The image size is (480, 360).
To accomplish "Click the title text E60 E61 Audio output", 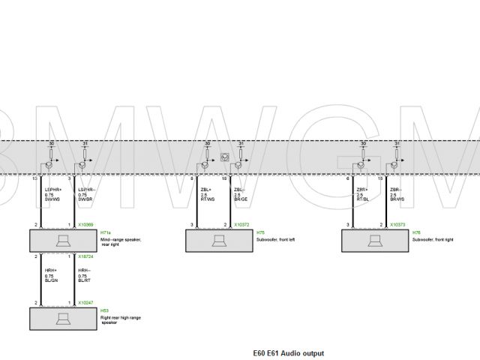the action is coord(289,352).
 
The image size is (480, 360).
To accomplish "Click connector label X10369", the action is coord(85,225).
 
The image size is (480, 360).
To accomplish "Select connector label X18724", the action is coord(85,256).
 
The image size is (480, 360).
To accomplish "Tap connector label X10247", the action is coord(85,302).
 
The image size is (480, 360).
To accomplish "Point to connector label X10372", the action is coord(241,225).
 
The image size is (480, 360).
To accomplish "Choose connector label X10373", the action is coord(397,225).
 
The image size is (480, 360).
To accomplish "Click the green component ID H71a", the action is coord(106,232).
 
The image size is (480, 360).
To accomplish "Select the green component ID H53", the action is coord(104,310).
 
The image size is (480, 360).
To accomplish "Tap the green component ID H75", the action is coord(260,232).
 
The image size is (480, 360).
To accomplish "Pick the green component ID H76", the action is coord(416,232).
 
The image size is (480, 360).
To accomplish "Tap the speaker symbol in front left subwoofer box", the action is coord(220,241).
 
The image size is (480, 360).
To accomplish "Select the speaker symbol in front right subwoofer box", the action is coord(376,241).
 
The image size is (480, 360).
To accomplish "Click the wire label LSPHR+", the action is coord(52,190).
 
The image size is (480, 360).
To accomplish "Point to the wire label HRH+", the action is coord(49,269).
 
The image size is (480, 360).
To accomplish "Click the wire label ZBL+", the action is coord(205,190).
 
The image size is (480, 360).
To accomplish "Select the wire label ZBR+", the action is coord(361,190).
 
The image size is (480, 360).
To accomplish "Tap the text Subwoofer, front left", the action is coord(277,239).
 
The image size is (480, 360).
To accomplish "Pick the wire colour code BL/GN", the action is coord(51,281).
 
